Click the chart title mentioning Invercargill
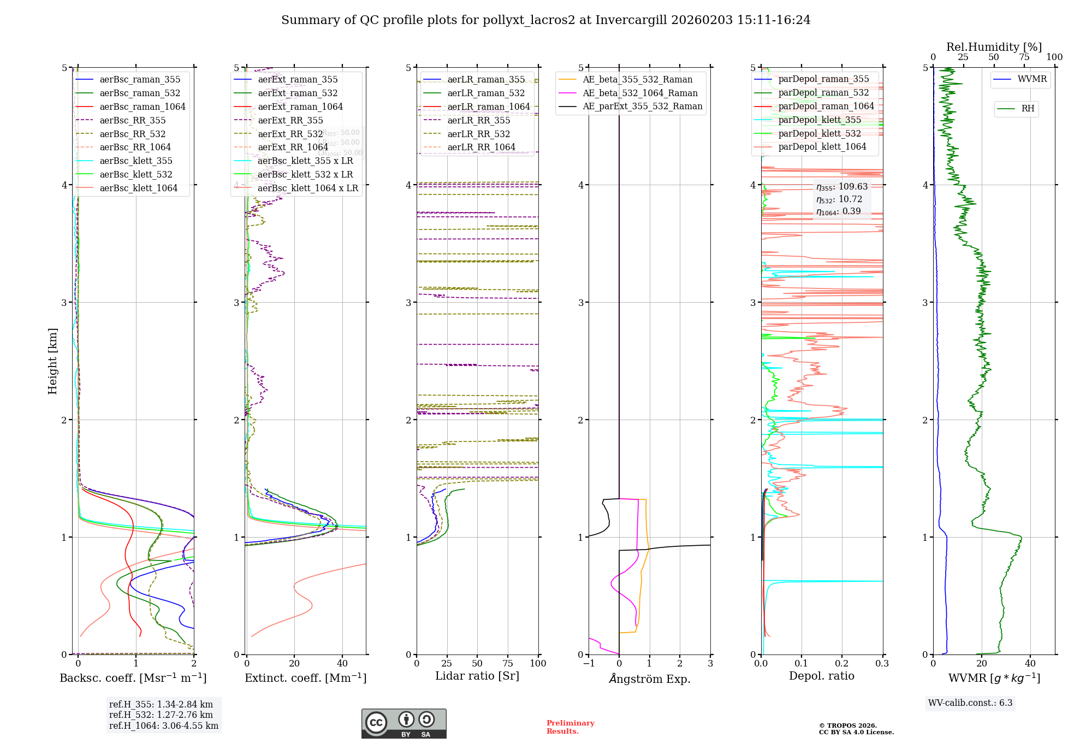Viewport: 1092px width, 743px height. [x=545, y=20]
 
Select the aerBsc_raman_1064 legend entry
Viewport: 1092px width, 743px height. [x=142, y=107]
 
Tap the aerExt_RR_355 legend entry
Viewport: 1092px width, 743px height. [x=290, y=120]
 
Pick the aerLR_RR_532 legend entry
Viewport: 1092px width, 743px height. [x=478, y=134]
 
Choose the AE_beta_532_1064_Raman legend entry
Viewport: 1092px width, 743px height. [x=640, y=93]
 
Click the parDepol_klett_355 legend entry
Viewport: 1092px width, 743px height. [x=819, y=120]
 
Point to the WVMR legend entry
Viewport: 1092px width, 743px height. [x=1031, y=79]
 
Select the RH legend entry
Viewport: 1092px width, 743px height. [x=1027, y=109]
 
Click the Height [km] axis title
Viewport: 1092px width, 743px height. [x=52, y=361]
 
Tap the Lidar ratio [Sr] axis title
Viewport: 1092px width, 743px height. [x=477, y=676]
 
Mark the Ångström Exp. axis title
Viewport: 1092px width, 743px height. [x=649, y=679]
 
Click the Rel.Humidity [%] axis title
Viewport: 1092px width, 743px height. [x=994, y=47]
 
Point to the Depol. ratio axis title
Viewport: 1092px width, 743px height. [x=821, y=676]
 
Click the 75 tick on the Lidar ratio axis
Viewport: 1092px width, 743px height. [x=508, y=663]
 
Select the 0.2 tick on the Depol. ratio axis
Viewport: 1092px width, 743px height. [x=842, y=663]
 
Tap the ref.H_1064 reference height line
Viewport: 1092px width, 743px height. [x=163, y=726]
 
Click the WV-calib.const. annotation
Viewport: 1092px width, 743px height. [x=970, y=703]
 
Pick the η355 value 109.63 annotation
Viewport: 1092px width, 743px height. [x=841, y=187]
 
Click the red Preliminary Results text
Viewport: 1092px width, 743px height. [x=570, y=727]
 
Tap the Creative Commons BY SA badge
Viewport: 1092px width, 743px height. [x=403, y=723]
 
